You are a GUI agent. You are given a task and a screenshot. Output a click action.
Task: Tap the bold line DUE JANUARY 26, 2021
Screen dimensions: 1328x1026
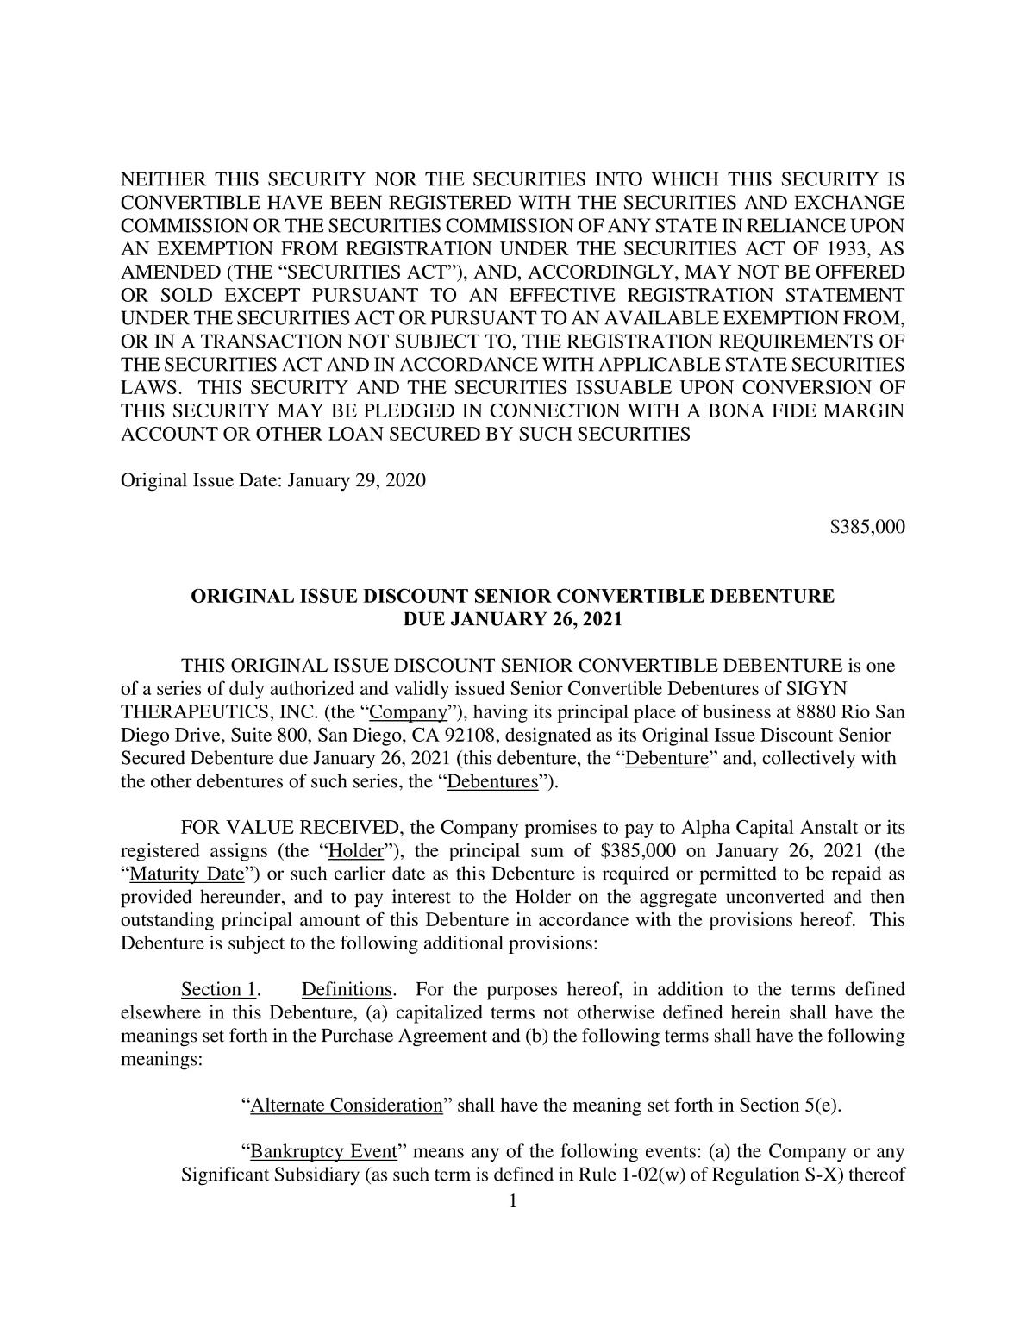point(512,619)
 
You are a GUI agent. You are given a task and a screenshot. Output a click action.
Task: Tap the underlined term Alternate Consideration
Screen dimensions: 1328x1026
point(346,1106)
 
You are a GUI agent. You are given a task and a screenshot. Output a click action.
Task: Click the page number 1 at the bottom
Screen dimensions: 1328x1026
point(512,1200)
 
